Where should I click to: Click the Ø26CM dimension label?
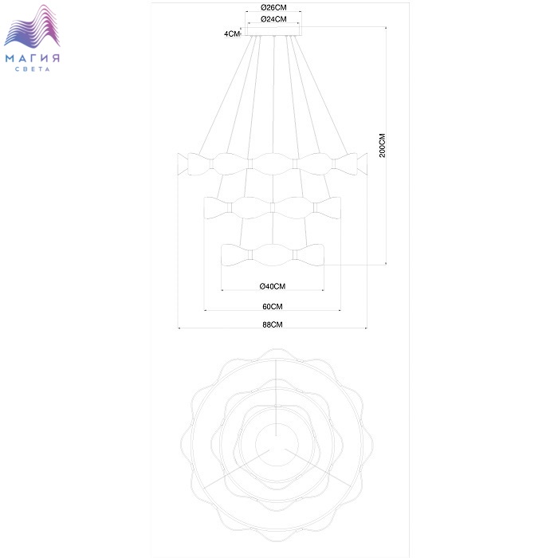(x=273, y=7)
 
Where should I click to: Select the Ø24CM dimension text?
(x=273, y=19)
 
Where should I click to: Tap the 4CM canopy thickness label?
(x=232, y=33)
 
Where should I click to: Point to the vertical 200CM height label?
(x=382, y=145)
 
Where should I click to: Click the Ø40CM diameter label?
(x=273, y=286)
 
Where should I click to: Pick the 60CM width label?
(x=273, y=306)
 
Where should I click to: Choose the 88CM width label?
(x=273, y=324)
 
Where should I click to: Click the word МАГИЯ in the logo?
(x=33, y=58)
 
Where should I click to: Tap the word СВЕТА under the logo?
(x=33, y=69)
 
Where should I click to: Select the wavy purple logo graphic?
(x=32, y=26)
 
